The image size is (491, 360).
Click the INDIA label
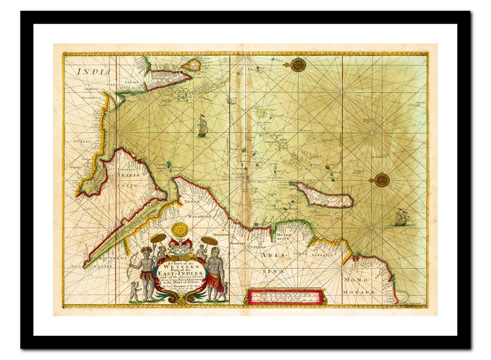click(93, 71)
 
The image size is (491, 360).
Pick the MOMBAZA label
click(237, 244)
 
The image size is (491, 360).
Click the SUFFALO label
click(322, 255)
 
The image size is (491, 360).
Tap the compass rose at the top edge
click(298, 65)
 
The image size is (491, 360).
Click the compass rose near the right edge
click(381, 180)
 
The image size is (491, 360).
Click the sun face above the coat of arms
click(180, 230)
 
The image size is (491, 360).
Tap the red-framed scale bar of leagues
click(285, 296)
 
